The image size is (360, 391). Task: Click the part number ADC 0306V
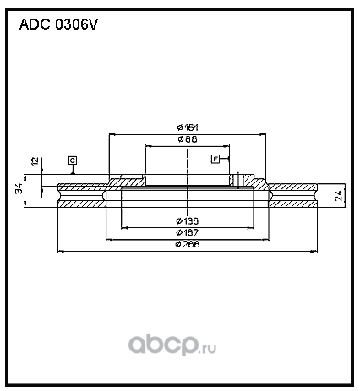[x=58, y=24]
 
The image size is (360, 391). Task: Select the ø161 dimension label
[x=188, y=128]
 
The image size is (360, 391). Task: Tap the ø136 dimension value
[x=188, y=221]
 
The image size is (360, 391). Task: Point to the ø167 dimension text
[x=188, y=232]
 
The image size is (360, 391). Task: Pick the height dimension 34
[x=19, y=188]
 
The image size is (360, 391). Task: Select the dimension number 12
[x=35, y=161]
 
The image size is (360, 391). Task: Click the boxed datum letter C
[x=73, y=160]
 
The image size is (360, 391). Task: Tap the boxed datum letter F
[x=215, y=159]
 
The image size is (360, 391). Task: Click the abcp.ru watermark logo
[x=172, y=345]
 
